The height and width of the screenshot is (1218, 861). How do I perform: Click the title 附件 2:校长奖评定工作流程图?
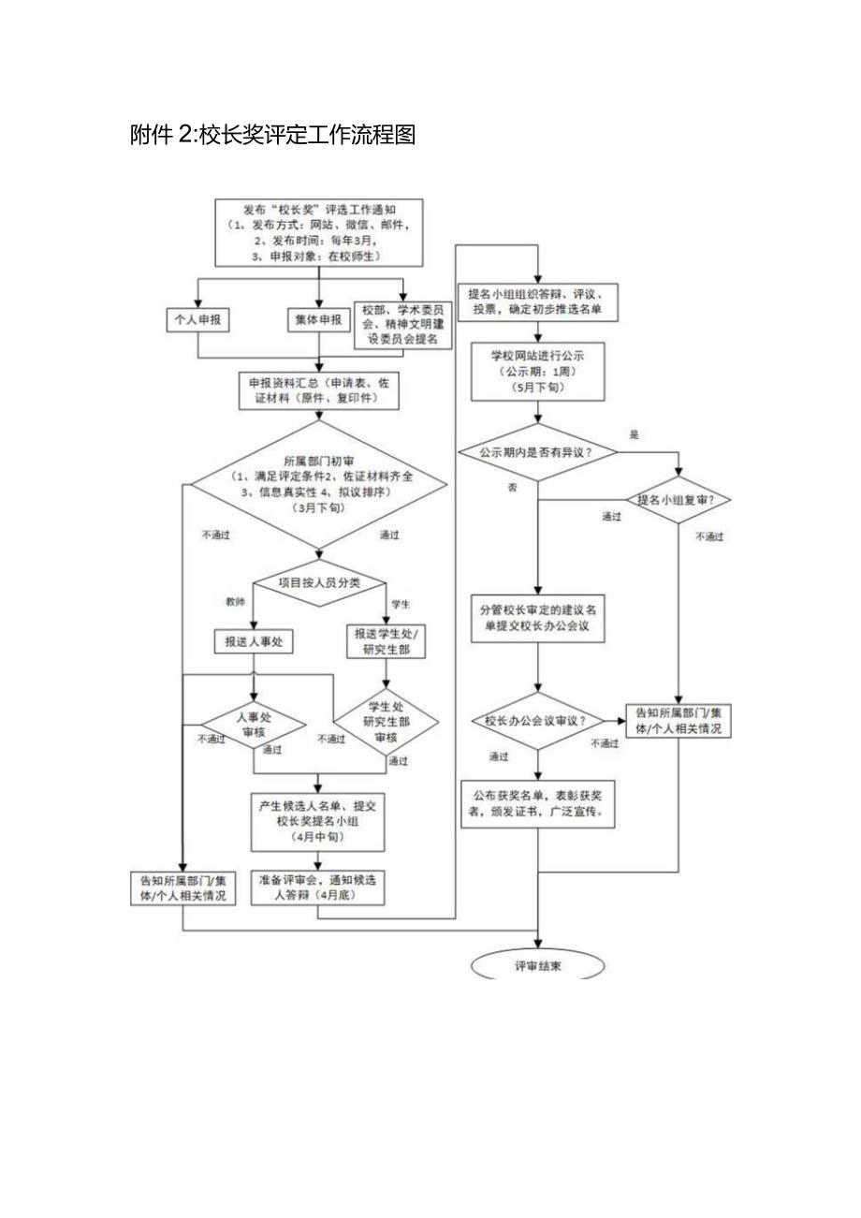272,136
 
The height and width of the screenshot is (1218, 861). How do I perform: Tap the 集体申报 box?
318,319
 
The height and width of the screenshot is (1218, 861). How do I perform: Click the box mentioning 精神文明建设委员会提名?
401,325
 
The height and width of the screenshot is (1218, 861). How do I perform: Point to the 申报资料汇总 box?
318,390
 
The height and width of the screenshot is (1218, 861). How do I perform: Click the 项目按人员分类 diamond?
318,582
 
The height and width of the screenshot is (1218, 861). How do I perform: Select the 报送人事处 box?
254,641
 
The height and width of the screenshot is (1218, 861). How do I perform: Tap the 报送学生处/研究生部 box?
386,642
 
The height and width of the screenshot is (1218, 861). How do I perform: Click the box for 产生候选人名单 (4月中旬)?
318,813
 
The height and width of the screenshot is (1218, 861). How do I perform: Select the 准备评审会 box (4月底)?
318,888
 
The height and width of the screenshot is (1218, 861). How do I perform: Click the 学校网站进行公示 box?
537,371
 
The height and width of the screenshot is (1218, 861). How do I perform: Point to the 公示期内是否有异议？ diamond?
537,452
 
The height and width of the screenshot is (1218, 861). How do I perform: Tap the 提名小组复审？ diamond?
678,500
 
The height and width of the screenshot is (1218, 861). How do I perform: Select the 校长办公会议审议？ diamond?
537,721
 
